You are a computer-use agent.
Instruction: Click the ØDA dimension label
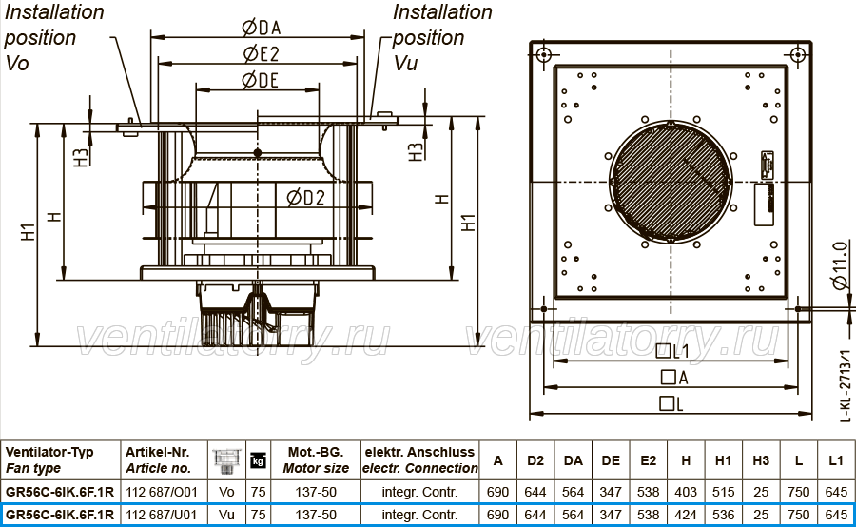261,27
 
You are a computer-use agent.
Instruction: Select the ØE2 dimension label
261,53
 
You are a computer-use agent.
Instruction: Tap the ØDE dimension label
260,80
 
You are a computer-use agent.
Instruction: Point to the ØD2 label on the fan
305,197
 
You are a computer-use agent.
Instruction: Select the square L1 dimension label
672,351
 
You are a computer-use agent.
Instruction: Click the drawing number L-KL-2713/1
845,386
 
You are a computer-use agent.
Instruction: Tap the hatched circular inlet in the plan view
671,182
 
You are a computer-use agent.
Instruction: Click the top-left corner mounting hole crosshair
544,54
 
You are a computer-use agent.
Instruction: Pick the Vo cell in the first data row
226,492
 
